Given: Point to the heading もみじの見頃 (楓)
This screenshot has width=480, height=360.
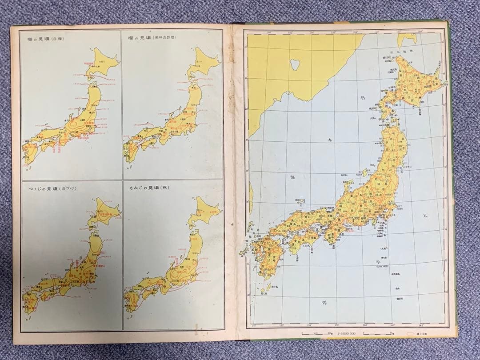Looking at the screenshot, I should (x=143, y=188).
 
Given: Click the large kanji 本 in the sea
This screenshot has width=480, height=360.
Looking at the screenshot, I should (x=329, y=140).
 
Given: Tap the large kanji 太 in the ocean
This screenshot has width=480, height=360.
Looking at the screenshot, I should (x=426, y=216).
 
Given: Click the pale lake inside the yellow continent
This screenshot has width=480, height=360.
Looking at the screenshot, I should (x=294, y=63).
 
